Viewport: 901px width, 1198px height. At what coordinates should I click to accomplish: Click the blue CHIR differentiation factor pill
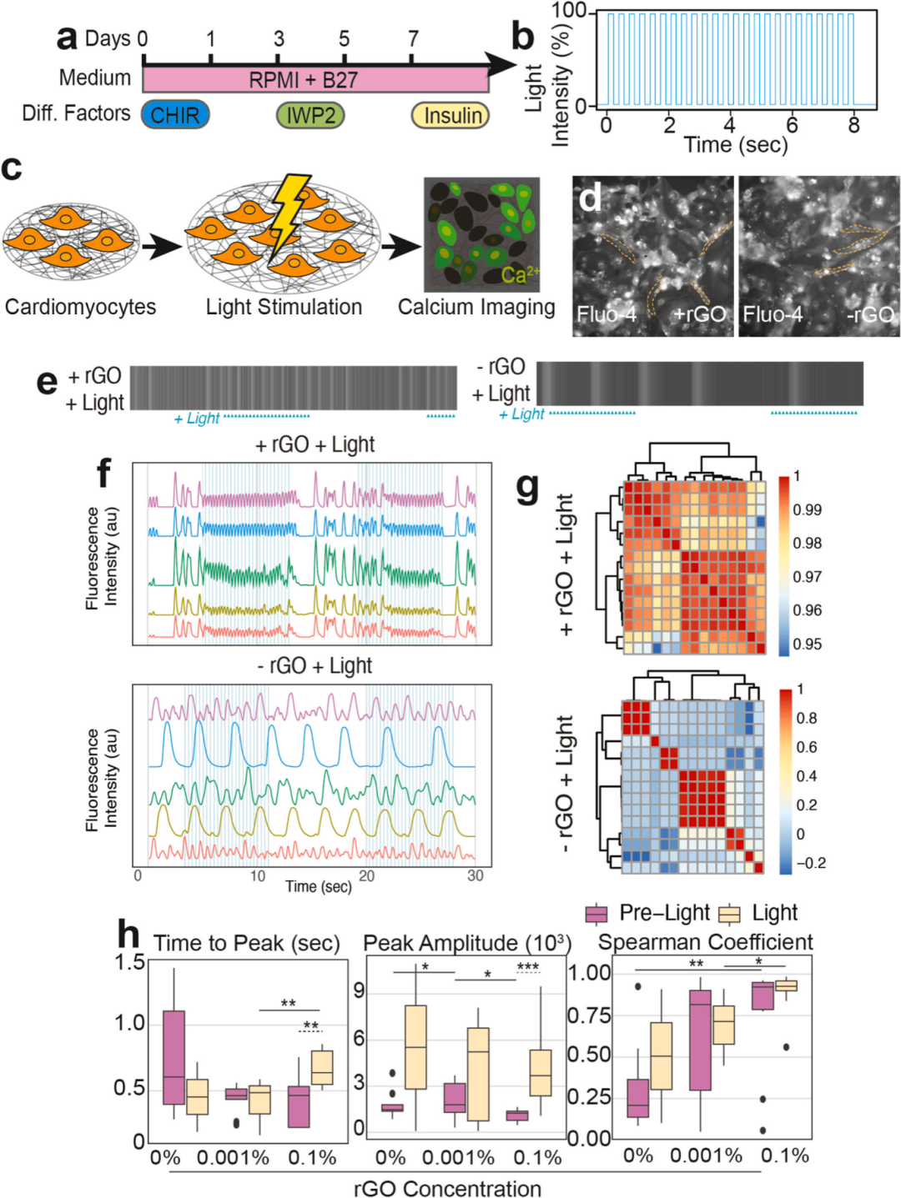(x=175, y=115)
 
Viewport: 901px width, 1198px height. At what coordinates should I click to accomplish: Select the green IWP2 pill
(x=310, y=115)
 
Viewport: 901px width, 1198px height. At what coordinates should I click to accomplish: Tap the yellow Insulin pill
(x=450, y=115)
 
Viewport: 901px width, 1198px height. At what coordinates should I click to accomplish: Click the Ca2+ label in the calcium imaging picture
(x=520, y=274)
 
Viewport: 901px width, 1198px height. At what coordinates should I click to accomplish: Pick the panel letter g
(x=527, y=486)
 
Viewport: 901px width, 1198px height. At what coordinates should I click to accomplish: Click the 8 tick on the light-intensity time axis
(x=853, y=126)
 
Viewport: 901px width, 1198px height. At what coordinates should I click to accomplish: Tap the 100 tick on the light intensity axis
(x=569, y=12)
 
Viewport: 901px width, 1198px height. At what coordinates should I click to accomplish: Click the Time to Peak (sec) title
(x=247, y=944)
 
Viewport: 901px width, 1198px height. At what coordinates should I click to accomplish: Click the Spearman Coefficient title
(x=706, y=943)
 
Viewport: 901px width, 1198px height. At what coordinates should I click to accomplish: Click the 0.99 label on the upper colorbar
(x=807, y=510)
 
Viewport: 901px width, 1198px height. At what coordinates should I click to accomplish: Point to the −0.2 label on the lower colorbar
(x=810, y=863)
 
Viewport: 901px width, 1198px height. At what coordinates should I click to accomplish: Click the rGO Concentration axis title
(x=447, y=1188)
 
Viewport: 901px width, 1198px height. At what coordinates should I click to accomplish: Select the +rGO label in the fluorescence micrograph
(x=698, y=315)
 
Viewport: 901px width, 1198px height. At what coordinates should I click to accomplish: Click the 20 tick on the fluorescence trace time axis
(x=366, y=876)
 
